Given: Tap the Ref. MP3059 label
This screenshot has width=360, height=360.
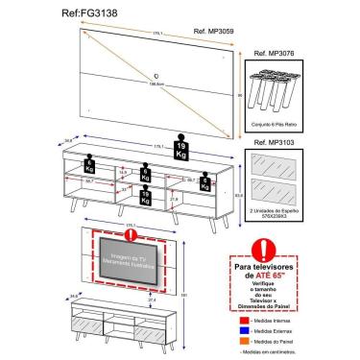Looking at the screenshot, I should (x=214, y=32).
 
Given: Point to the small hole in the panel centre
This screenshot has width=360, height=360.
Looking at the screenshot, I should (x=154, y=75).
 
